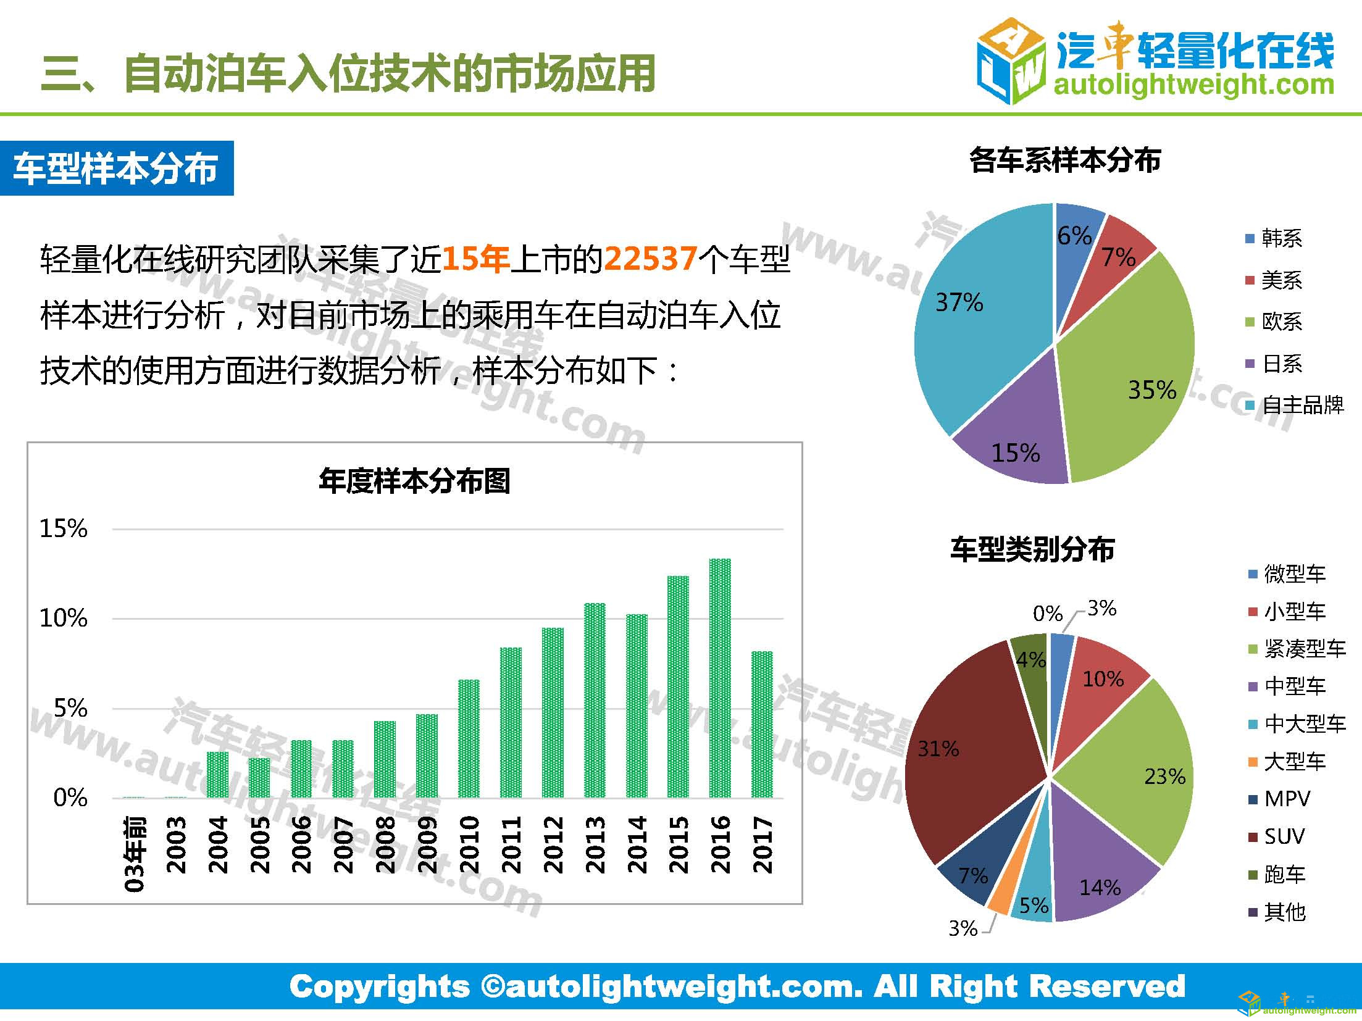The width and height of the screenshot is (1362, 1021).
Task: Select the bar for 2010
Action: pos(469,738)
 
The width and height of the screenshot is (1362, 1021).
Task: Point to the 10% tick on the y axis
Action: pos(64,618)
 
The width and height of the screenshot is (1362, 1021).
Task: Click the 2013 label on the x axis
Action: pos(595,844)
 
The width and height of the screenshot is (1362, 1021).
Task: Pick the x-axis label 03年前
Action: pos(135,854)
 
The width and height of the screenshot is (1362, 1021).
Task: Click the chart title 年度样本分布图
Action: pos(414,481)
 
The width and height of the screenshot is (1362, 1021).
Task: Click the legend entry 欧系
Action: pos(1282,322)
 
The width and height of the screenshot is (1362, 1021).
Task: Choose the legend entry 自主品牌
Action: pos(1302,405)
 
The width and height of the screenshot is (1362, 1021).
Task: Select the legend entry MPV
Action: pos(1286,799)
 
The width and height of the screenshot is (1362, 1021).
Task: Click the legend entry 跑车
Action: pos(1284,874)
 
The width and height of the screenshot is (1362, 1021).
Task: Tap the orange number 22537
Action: pos(650,259)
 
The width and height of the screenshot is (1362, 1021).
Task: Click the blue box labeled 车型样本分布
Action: pos(117,169)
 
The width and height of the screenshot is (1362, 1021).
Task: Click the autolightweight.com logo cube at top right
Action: pos(1011,60)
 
